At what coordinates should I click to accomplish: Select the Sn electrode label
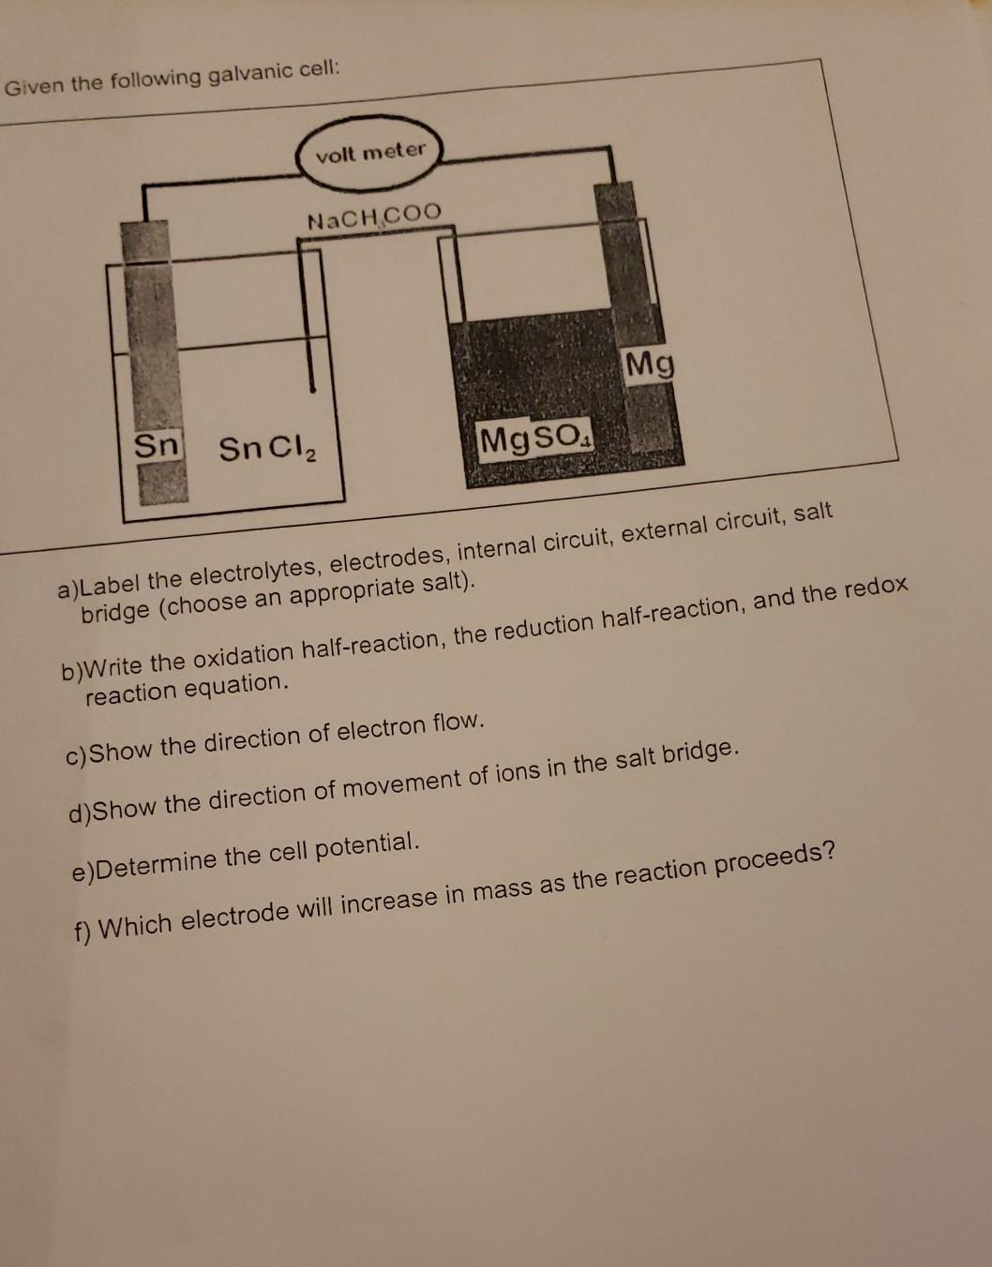(156, 444)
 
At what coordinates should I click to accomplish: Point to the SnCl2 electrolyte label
(267, 449)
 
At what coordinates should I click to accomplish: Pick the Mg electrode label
(650, 364)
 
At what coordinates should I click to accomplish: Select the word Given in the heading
(34, 87)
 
